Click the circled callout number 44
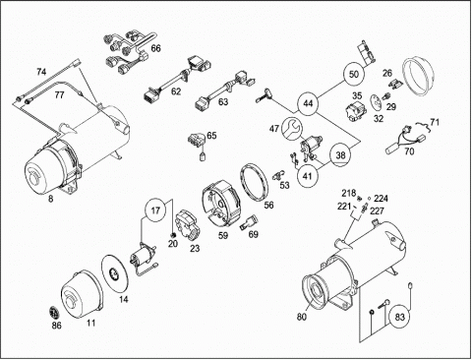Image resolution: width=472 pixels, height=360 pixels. pyautogui.click(x=308, y=104)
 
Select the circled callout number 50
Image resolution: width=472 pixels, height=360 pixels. pyautogui.click(x=354, y=74)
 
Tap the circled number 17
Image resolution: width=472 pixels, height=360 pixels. pyautogui.click(x=156, y=210)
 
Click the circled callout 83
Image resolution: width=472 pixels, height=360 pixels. pyautogui.click(x=400, y=317)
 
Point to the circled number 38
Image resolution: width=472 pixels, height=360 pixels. pyautogui.click(x=341, y=154)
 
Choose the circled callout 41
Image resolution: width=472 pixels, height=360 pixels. pyautogui.click(x=307, y=176)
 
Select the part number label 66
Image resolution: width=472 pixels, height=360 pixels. pyautogui.click(x=156, y=48)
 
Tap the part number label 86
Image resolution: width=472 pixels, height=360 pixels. pyautogui.click(x=56, y=326)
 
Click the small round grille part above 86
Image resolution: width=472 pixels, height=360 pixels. pyautogui.click(x=54, y=312)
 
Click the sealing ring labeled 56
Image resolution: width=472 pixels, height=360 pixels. pyautogui.click(x=255, y=181)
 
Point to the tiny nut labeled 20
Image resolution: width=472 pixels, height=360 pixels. pyautogui.click(x=174, y=235)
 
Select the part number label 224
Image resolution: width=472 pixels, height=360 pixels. pyautogui.click(x=381, y=199)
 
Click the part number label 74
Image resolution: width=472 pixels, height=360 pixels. pyautogui.click(x=41, y=72)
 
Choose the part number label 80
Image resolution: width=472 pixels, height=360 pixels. pyautogui.click(x=302, y=317)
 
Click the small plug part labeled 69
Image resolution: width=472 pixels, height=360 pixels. pyautogui.click(x=248, y=222)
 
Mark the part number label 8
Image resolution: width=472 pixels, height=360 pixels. pyautogui.click(x=50, y=199)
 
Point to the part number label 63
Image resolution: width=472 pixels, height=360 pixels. pyautogui.click(x=223, y=102)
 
